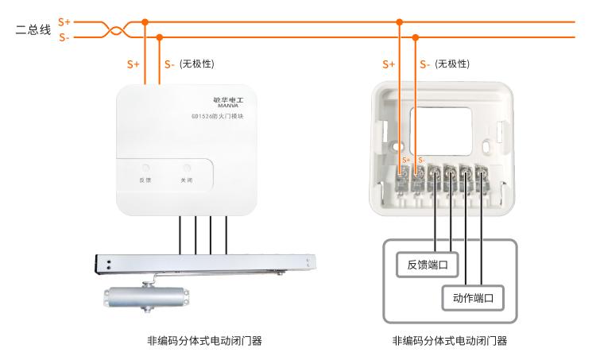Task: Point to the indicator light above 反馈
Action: point(145,168)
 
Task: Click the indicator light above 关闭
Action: point(187,168)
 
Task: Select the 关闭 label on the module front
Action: point(187,180)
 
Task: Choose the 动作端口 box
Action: point(474,299)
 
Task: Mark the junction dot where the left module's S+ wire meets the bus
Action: point(145,22)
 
